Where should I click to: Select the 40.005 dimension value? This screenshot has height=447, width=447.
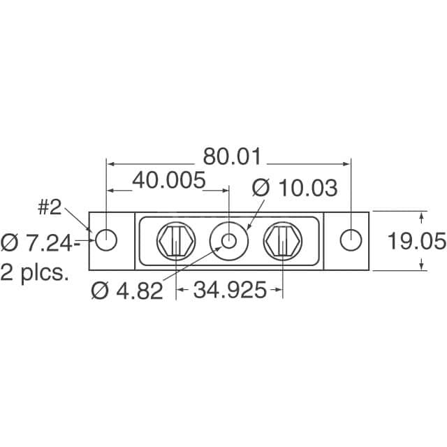pos(168,181)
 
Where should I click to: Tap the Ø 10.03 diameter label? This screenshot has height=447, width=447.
pos(294,188)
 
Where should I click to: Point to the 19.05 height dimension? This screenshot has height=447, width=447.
pos(416,242)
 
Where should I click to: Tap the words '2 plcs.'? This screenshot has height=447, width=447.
pos(35,272)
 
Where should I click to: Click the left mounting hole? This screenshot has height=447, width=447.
pos(106,240)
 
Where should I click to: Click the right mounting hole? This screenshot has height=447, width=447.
pos(351,240)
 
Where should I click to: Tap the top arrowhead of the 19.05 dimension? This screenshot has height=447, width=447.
pos(421,213)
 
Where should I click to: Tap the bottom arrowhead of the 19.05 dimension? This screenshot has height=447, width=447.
pos(421,267)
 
